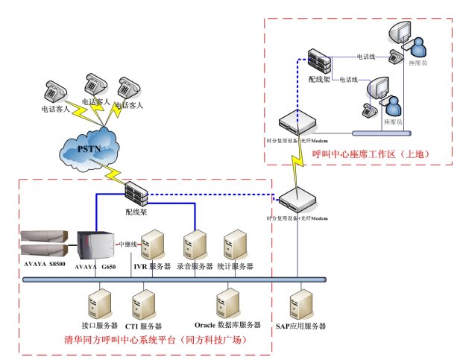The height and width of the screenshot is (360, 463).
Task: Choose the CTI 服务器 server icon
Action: (143, 306)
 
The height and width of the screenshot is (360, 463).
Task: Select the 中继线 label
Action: (127, 243)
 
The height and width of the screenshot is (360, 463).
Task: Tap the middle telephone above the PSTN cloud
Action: (95, 84)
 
